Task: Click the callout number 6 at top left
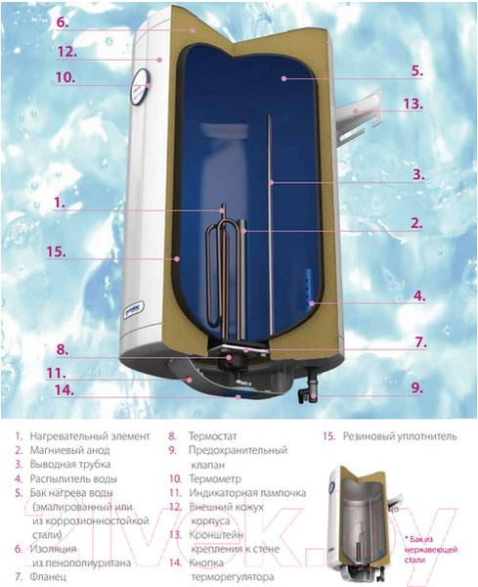61,21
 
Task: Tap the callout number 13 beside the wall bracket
414,104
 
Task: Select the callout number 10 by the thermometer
65,77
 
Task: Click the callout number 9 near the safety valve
416,387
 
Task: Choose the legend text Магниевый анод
73,450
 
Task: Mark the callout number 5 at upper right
416,70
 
